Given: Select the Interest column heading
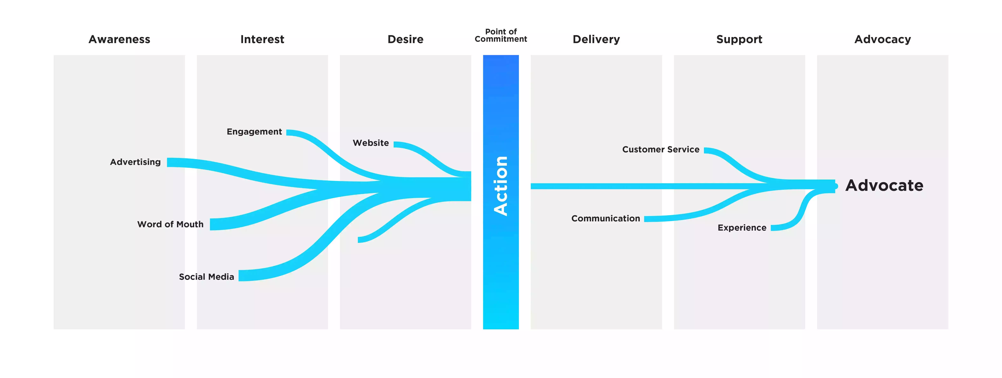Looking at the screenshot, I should [262, 39].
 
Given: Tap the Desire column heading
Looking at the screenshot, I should [405, 39].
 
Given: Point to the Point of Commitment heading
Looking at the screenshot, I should [501, 35].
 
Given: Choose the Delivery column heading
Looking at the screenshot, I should [596, 39].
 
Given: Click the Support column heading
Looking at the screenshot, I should [739, 39].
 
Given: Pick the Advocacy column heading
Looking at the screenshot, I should [882, 39].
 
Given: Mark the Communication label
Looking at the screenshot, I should [605, 218].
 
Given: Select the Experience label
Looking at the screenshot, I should [742, 228].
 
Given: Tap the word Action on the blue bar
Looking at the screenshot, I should [501, 186].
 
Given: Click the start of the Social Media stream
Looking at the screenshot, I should [242, 275].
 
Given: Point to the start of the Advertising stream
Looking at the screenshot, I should [170, 163].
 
